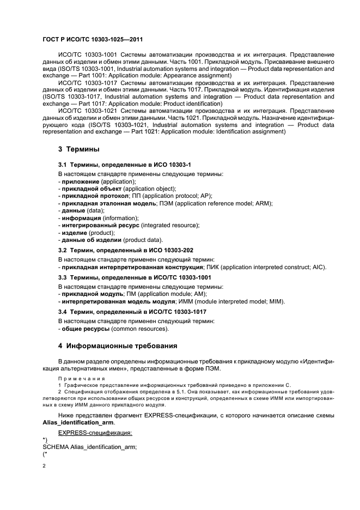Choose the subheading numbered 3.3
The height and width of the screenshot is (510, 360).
click(135, 277)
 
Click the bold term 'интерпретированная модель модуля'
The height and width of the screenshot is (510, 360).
click(121, 301)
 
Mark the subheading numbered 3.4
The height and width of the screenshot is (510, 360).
click(132, 312)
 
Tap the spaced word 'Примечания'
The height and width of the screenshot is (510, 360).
click(77, 377)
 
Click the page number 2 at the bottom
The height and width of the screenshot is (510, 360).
click(44, 467)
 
